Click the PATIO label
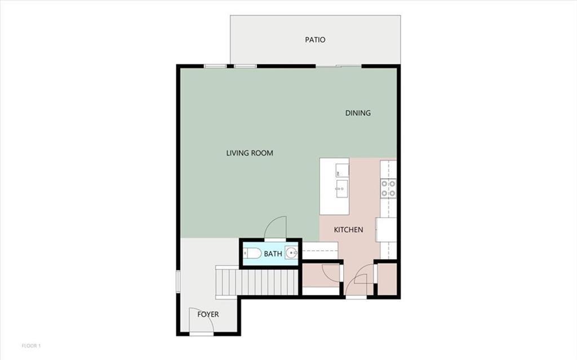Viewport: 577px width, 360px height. click(x=315, y=40)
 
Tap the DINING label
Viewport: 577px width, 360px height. click(x=358, y=113)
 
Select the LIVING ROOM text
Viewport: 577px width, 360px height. click(x=250, y=153)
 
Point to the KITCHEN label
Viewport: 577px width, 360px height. click(x=348, y=230)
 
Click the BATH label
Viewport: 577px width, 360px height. click(x=273, y=254)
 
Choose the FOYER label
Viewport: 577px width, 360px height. click(x=208, y=314)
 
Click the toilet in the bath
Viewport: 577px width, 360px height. click(x=252, y=254)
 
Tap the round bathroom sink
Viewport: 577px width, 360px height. click(x=291, y=254)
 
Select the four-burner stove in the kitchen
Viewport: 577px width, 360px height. click(x=388, y=188)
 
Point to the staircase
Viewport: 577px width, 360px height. click(x=257, y=282)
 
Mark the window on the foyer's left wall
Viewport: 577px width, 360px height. click(x=177, y=281)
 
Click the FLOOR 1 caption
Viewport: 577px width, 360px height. click(x=32, y=345)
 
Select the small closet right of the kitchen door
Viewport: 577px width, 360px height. click(x=387, y=279)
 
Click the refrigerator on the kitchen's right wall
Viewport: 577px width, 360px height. click(x=387, y=230)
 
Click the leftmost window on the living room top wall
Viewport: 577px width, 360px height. click(x=215, y=66)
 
